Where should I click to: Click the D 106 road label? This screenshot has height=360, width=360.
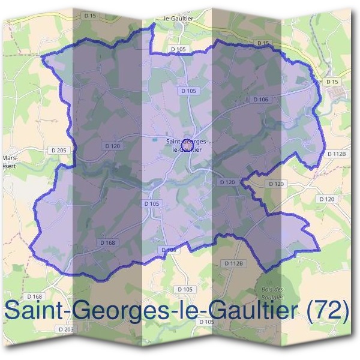260,99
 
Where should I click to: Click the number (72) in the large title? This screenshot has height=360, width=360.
326,310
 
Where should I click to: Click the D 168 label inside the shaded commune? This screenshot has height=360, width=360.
106,242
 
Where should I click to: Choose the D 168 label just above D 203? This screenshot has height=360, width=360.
35,297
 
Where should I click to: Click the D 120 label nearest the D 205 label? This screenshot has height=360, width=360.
112,146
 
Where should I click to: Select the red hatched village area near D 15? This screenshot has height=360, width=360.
335,92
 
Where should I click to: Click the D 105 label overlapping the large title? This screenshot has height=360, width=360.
206,322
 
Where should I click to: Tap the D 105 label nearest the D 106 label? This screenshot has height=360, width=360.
188,91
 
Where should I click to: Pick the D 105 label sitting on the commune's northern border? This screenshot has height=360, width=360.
179,49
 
